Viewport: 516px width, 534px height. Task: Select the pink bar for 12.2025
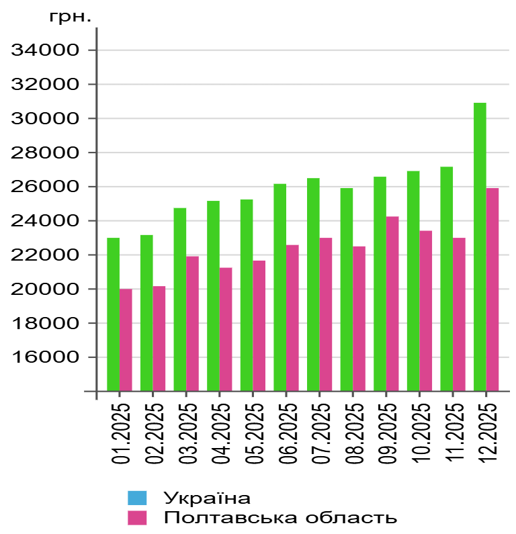(492, 289)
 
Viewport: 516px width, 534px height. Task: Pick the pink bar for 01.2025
(126, 339)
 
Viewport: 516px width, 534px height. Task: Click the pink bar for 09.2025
(392, 303)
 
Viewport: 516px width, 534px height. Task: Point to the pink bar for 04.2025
(226, 328)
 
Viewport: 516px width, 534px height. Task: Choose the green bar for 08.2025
(347, 289)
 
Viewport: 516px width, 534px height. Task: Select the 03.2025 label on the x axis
(187, 433)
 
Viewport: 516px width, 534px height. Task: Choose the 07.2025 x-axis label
(320, 433)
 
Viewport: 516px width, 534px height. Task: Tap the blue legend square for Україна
(137, 498)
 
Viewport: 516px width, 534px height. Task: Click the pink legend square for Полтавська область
(137, 517)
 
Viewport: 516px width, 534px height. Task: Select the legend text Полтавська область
(280, 517)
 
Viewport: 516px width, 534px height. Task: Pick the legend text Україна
(207, 498)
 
